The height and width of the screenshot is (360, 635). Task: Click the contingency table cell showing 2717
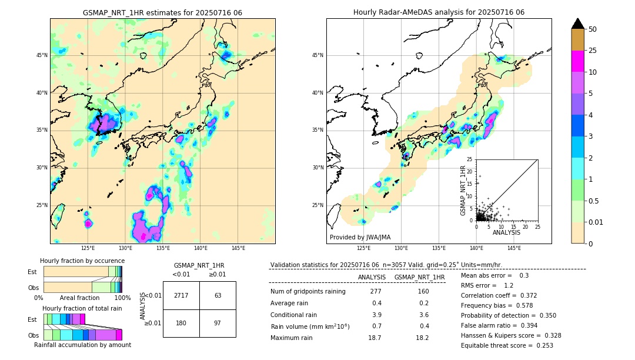pos(181,295)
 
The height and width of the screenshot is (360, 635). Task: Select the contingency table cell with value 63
pos(218,295)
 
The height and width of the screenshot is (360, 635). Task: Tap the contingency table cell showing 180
pos(181,323)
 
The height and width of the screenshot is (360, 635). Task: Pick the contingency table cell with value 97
pos(218,323)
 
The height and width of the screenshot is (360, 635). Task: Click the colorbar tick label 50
pos(593,29)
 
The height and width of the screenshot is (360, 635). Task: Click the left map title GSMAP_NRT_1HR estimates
pos(162,12)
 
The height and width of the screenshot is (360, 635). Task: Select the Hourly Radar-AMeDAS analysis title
pos(439,12)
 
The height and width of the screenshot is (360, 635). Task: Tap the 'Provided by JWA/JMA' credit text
pos(360,237)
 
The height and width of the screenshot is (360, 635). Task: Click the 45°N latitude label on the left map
pos(42,55)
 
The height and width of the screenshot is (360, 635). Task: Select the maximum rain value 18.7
pos(375,338)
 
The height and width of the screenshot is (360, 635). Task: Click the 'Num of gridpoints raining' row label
pos(308,292)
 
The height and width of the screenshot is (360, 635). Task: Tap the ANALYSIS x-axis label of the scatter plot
pos(506,232)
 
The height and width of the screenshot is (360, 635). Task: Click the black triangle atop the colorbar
pos(578,23)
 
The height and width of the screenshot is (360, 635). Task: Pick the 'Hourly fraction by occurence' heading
pos(82,261)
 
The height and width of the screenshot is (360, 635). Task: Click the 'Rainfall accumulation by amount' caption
pos(82,345)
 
